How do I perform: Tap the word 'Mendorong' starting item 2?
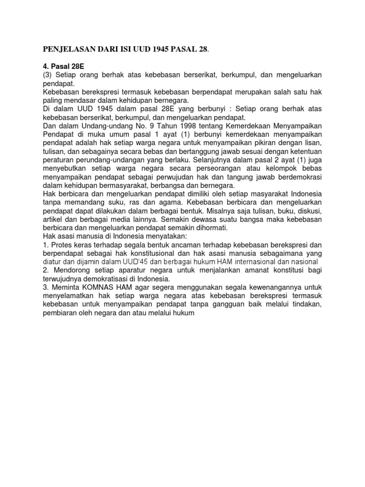69,271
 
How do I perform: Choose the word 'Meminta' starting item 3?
65,288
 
